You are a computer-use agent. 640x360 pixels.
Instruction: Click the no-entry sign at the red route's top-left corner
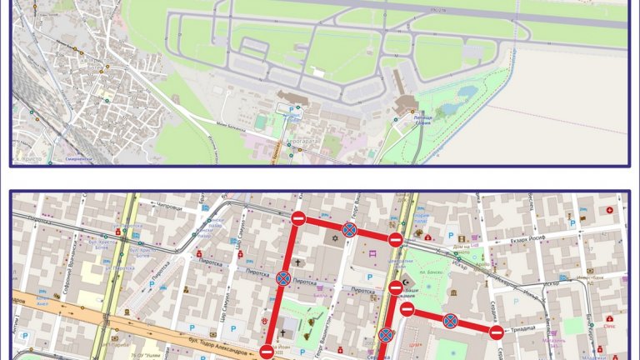298,218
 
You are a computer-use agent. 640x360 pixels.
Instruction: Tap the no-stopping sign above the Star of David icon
350,229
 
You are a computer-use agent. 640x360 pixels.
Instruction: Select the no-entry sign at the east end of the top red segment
396,240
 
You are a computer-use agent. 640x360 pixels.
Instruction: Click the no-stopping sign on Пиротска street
283,278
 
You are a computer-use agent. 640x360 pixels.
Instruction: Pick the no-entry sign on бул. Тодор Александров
267,352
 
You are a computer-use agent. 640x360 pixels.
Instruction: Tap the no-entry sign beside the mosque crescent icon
396,288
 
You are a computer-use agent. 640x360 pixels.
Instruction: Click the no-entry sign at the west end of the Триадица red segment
407,310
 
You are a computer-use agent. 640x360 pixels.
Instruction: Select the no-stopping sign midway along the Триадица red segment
450,320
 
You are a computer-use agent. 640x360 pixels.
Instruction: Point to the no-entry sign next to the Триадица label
496,332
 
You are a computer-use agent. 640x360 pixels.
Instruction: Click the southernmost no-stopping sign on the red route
386,336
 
